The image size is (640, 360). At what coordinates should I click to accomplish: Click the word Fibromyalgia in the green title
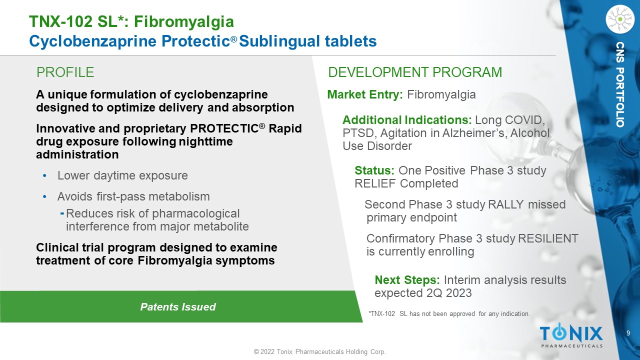[183, 22]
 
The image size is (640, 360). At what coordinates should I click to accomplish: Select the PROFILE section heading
[65, 72]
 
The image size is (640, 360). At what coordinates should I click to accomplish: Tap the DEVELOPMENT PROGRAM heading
[415, 72]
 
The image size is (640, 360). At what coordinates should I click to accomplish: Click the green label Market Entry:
[365, 94]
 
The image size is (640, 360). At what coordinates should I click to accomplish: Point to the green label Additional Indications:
[407, 120]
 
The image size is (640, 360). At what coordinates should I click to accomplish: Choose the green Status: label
[374, 170]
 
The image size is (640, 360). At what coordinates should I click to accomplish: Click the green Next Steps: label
[407, 280]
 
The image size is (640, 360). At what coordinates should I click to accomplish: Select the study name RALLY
[505, 204]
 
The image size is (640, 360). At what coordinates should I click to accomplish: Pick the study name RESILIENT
[548, 238]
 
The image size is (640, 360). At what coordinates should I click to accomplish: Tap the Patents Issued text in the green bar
[178, 307]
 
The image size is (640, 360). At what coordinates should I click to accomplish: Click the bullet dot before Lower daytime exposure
[44, 175]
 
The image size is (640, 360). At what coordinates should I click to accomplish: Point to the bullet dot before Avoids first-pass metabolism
[44, 196]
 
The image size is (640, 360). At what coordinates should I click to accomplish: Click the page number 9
[628, 333]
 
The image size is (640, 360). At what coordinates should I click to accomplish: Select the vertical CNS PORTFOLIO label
[620, 84]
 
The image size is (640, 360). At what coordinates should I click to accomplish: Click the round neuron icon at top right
[619, 19]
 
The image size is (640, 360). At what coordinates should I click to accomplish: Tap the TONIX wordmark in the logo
[571, 333]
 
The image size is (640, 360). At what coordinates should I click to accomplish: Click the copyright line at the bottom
[319, 351]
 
